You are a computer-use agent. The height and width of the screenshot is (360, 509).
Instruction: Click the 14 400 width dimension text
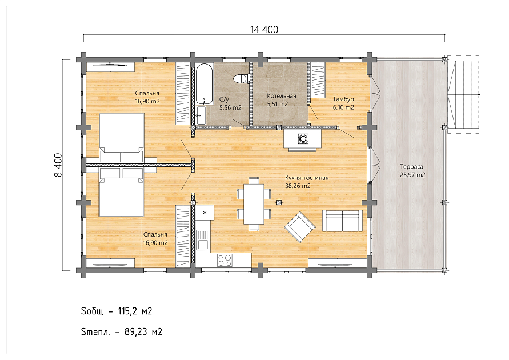point(264,30)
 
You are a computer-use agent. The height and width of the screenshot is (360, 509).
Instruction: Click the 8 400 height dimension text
point(58,165)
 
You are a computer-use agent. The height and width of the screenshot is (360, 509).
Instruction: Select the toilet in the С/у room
point(241,79)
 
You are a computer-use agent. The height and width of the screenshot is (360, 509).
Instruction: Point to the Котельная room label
point(282,96)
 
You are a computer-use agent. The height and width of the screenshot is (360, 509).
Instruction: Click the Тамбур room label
point(343,99)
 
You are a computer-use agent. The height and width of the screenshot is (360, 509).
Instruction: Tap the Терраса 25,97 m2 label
point(412,171)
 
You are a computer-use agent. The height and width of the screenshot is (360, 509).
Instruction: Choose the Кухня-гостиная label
point(307,178)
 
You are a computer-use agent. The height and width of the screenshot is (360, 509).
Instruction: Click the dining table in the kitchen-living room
point(254,204)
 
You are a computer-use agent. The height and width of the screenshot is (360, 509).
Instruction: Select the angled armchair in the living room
point(300,227)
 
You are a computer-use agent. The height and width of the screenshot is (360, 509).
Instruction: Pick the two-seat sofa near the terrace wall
point(342,221)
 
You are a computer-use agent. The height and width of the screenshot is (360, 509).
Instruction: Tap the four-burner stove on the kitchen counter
point(225,260)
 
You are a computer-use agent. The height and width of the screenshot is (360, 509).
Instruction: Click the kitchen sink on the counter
point(203,239)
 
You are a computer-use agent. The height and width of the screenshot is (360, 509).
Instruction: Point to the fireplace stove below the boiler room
point(303,140)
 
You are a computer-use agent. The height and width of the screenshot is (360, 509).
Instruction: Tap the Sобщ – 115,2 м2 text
point(117,311)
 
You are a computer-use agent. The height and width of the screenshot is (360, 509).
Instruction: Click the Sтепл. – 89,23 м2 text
point(122,332)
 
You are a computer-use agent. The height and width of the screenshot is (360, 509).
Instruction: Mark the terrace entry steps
point(463,94)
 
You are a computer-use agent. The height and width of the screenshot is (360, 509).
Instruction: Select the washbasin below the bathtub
point(201,115)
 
